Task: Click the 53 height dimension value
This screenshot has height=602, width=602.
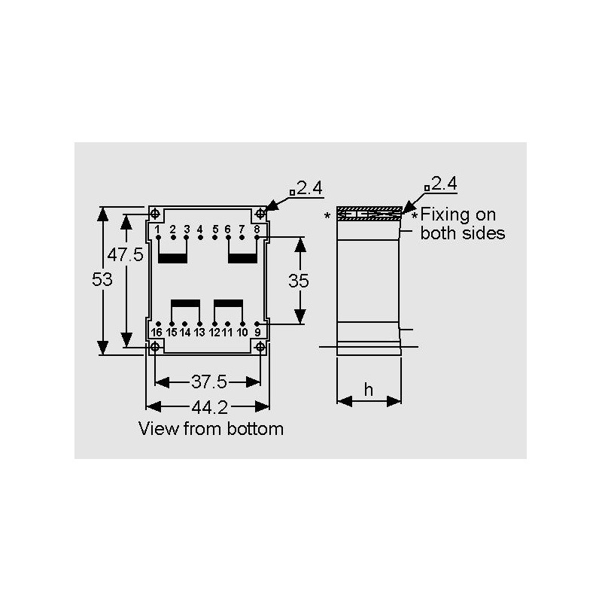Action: pyautogui.click(x=102, y=279)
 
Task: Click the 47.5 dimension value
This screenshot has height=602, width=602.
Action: pyautogui.click(x=125, y=254)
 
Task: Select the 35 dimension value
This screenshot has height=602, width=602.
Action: pyautogui.click(x=298, y=281)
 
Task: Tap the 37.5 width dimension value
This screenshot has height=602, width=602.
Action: pyautogui.click(x=209, y=382)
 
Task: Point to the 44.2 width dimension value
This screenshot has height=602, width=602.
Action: pyautogui.click(x=210, y=407)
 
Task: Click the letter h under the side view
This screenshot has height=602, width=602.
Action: pyautogui.click(x=369, y=390)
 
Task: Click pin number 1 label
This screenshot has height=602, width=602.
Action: pyautogui.click(x=157, y=230)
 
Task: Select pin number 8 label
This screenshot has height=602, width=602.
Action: pyautogui.click(x=257, y=230)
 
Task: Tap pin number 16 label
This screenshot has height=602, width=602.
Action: pyautogui.click(x=157, y=332)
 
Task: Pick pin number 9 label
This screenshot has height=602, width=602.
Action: pyautogui.click(x=257, y=332)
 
